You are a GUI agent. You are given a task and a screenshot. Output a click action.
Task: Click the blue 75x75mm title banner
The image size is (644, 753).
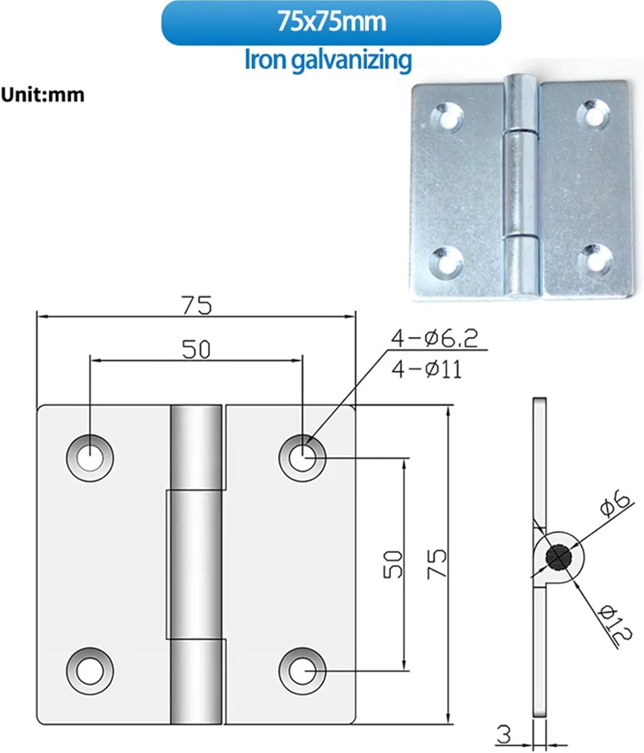pos(331,23)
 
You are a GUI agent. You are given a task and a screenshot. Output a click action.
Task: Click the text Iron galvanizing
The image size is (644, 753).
pos(328,60)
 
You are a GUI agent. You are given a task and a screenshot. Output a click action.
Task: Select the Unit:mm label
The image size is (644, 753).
pos(42,95)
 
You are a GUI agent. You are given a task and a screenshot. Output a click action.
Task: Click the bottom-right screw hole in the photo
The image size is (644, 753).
pos(596,260)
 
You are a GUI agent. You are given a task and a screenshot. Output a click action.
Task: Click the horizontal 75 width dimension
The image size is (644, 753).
pos(197,305)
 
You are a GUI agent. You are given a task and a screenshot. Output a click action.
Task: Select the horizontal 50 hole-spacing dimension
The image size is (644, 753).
pos(196,349)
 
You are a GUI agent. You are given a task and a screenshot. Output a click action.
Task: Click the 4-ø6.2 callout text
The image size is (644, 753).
pos(434,339)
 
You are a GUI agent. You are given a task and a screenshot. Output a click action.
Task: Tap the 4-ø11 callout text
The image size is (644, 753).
pos(427,370)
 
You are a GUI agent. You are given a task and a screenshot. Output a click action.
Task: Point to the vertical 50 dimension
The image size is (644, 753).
pos(393,564)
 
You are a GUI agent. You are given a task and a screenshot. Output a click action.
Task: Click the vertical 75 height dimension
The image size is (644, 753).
pos(436,564)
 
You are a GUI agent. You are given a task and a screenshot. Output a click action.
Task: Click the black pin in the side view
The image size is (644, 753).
pos(559,557)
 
